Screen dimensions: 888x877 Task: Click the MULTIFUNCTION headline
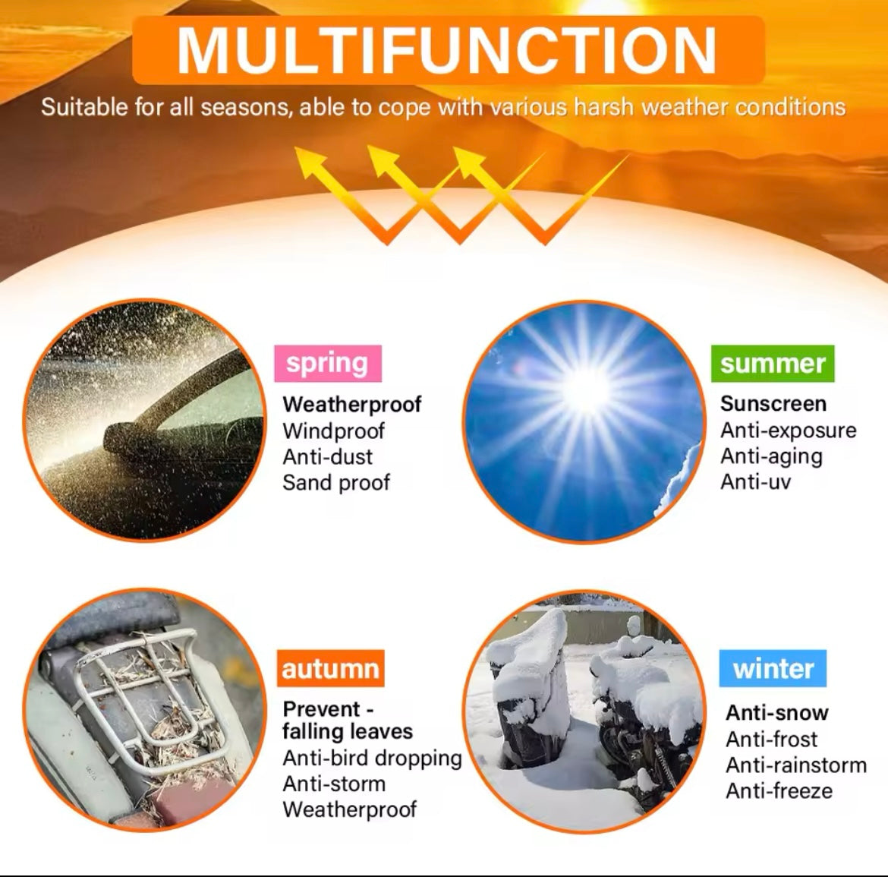[447, 50]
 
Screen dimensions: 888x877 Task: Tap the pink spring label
[328, 364]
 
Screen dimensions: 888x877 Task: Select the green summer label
[773, 364]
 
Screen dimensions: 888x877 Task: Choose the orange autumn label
[331, 668]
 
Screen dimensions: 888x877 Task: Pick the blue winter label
[773, 668]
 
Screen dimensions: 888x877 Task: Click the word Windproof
[333, 431]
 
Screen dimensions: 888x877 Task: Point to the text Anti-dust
[328, 456]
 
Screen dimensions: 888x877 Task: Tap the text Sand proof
[336, 483]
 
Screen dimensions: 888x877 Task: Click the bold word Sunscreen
[773, 404]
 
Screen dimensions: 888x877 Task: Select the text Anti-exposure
[789, 431]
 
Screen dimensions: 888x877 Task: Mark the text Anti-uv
[755, 482]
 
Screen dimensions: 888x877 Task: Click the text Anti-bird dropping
[372, 758]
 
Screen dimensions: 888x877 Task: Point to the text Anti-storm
[334, 784]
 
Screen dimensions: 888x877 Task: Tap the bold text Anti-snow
[777, 713]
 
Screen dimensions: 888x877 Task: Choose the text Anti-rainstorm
[796, 765]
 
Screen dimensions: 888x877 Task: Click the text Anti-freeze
[779, 791]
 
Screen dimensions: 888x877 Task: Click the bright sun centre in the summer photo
[587, 389]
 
